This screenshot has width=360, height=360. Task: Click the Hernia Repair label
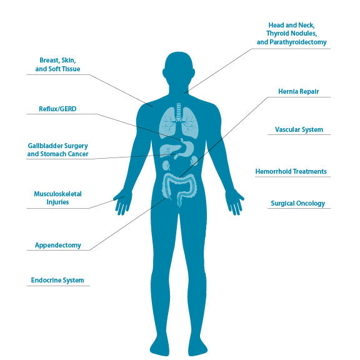(x=299, y=92)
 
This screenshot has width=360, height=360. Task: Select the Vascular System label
(x=299, y=130)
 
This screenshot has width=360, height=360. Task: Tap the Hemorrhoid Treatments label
(x=291, y=171)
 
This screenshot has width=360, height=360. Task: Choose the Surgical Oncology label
(x=297, y=203)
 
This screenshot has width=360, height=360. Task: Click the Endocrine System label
(x=57, y=281)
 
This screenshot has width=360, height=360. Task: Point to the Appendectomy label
(x=58, y=245)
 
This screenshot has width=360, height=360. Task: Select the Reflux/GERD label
(x=57, y=109)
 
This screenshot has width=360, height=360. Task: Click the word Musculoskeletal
(x=57, y=194)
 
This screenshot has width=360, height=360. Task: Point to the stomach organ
(x=186, y=149)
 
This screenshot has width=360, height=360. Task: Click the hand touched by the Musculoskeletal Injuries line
(x=123, y=202)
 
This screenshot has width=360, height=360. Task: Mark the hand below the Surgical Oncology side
(x=234, y=202)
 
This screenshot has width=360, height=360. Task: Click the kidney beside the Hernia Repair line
(x=194, y=161)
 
